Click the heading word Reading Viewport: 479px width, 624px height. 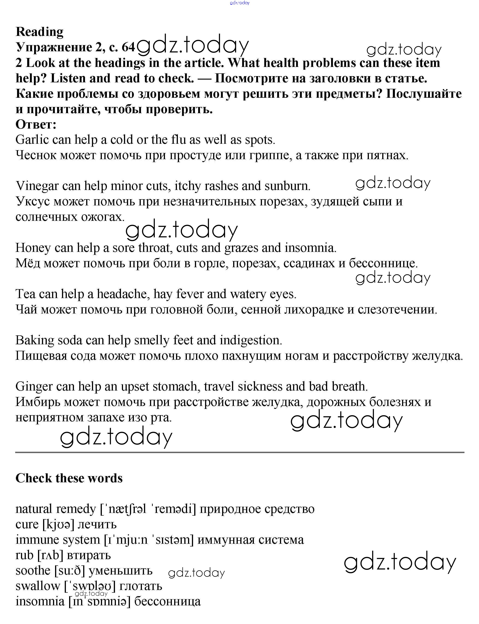point(39,32)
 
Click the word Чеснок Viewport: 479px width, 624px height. point(36,155)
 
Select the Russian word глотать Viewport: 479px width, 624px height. point(141,586)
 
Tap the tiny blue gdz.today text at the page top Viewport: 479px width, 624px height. point(240,3)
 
